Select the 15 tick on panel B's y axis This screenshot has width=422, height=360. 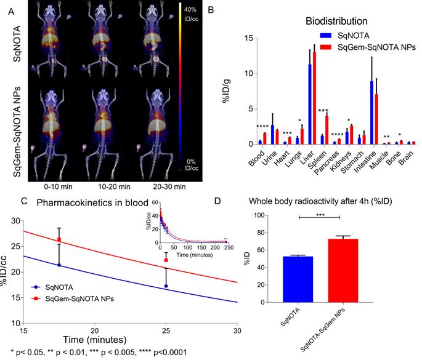pyautogui.click(x=249, y=38)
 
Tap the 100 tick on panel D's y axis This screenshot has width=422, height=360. pyautogui.click(x=271, y=215)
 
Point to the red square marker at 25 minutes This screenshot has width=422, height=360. pyautogui.click(x=166, y=260)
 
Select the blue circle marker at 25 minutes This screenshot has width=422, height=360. pyautogui.click(x=166, y=286)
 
